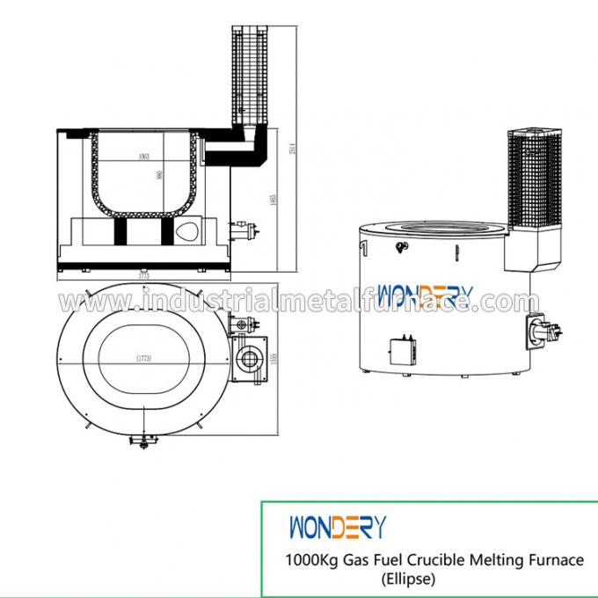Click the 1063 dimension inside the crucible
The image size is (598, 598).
click(x=142, y=158)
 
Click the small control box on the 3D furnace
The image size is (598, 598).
click(x=404, y=351)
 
